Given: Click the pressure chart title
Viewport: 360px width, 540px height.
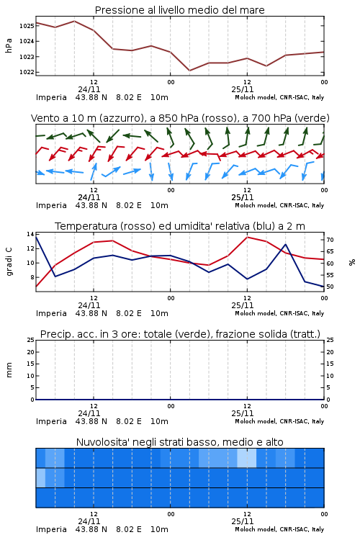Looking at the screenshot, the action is click(x=179, y=10).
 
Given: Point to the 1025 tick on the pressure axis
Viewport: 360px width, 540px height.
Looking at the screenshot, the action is click(x=27, y=26).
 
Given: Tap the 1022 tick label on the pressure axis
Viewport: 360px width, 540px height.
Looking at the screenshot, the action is click(x=27, y=72).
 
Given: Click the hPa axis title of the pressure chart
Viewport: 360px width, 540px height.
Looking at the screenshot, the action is click(x=9, y=45).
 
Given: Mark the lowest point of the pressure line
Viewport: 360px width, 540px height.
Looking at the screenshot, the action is click(x=189, y=71).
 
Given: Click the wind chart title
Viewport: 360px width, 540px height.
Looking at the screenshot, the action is click(x=180, y=118).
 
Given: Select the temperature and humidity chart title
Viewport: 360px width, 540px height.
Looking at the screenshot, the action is click(x=180, y=226).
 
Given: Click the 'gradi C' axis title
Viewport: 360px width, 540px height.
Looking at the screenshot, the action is click(x=9, y=261).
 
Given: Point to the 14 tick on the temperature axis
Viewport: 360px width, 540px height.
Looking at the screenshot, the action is click(x=30, y=234).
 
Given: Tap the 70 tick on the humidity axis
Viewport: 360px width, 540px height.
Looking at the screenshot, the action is click(x=330, y=240).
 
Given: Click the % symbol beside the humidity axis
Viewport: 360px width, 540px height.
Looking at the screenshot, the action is click(x=352, y=262).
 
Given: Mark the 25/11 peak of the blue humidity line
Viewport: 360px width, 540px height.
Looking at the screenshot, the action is click(x=285, y=244).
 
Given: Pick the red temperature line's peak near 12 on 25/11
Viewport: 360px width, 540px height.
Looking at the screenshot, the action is click(x=248, y=237).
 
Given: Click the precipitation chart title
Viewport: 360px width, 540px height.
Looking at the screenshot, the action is click(x=180, y=334).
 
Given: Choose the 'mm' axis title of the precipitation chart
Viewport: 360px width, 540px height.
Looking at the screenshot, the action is click(x=9, y=370).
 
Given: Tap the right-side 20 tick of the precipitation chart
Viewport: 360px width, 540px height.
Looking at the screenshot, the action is click(x=330, y=352).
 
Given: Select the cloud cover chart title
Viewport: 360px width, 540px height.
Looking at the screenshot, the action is click(x=179, y=442).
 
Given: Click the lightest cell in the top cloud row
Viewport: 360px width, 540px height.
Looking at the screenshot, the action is click(x=247, y=458).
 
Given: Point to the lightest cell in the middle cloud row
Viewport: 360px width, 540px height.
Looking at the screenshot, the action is click(x=40, y=477).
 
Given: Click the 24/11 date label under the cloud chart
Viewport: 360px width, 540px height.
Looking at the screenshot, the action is click(x=89, y=521).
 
